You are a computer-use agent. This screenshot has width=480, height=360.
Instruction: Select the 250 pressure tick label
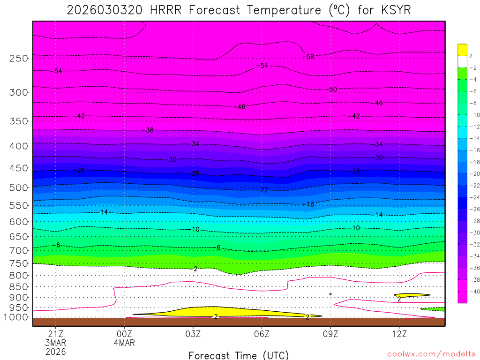pyautogui.click(x=18, y=59)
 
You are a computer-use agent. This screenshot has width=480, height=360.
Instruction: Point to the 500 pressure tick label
pyautogui.click(x=18, y=188)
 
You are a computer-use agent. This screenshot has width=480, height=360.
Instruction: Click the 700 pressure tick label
pyautogui.click(x=18, y=250)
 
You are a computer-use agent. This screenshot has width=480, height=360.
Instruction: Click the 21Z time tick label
pyautogui.click(x=56, y=334)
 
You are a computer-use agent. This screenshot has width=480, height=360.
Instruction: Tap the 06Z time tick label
pyautogui.click(x=262, y=334)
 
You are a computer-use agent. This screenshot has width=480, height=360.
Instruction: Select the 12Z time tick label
pyautogui.click(x=399, y=334)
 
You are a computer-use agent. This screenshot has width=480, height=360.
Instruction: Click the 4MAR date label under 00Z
pyautogui.click(x=124, y=343)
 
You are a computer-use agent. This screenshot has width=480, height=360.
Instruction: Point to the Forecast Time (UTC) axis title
pyautogui.click(x=239, y=355)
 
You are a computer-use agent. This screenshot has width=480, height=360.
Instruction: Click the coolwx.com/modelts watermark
pyautogui.click(x=431, y=354)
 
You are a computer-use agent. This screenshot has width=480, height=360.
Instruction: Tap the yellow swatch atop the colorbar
pyautogui.click(x=462, y=49)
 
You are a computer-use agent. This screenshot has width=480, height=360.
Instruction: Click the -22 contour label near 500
pyautogui.click(x=264, y=190)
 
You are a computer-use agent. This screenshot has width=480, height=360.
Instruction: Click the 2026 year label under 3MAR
pyautogui.click(x=56, y=352)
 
